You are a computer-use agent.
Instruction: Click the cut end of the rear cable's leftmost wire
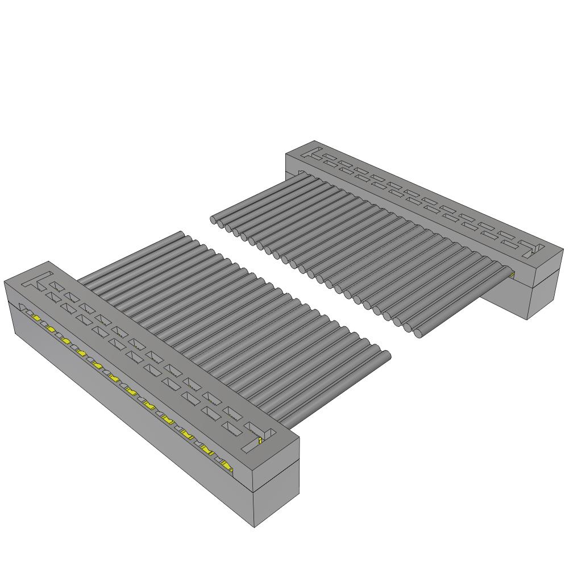[214, 219]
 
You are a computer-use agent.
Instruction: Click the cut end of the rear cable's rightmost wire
[421, 332]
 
